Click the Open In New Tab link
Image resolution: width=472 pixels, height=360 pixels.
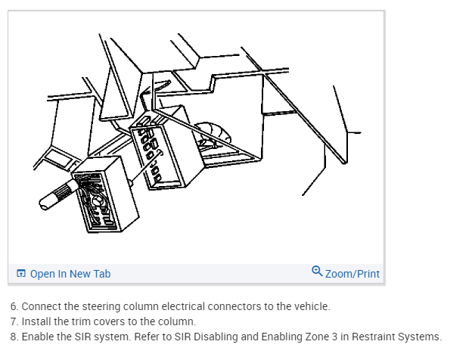tap(70, 274)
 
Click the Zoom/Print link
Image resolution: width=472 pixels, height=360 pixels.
tap(352, 274)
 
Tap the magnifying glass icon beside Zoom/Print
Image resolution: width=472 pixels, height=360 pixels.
tap(317, 271)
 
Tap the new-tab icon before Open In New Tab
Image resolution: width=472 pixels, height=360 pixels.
tap(21, 273)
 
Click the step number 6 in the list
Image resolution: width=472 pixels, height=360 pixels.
tap(14, 306)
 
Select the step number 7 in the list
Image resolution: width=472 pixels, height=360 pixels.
tap(14, 321)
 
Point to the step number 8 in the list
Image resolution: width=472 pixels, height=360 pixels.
tap(14, 337)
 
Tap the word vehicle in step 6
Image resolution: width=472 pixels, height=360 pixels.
tap(312, 306)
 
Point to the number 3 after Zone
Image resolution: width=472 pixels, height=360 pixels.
tap(334, 337)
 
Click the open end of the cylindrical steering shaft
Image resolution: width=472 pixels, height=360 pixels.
tap(44, 203)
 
